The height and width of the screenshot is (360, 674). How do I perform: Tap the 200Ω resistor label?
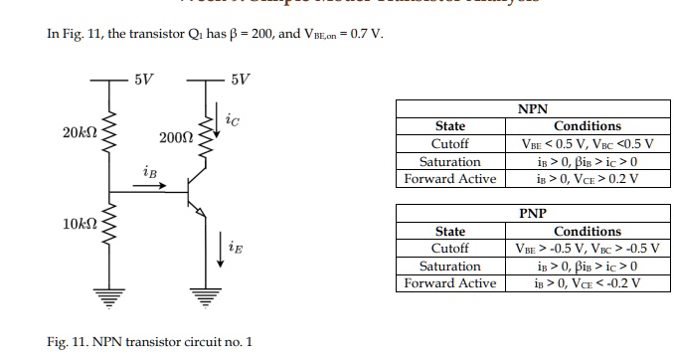(175, 136)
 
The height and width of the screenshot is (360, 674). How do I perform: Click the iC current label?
(233, 121)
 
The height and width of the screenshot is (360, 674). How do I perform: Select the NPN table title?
(533, 109)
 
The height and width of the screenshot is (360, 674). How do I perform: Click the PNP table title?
(533, 214)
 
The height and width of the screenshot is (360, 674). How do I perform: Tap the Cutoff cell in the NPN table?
(449, 143)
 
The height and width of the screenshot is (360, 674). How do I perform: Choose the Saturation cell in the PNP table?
(449, 266)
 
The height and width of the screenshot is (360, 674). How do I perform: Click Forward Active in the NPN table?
(449, 179)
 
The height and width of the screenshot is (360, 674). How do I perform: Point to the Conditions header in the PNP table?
(587, 231)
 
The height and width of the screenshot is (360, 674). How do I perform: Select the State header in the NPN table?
(449, 126)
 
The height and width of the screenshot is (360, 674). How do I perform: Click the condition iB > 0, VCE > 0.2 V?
(587, 179)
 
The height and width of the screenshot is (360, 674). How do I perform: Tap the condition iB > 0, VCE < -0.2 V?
(587, 283)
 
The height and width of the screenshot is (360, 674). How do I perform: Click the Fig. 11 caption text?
(149, 342)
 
